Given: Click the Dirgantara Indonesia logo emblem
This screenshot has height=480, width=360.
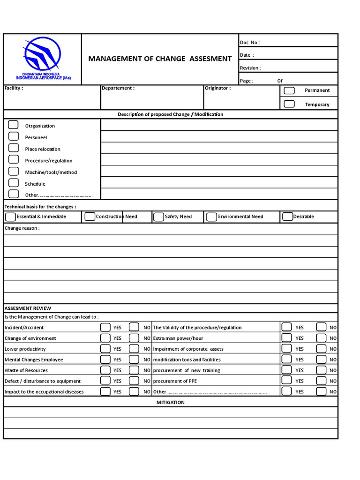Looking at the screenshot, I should (x=42, y=54).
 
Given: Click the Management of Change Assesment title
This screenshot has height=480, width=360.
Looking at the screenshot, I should (x=160, y=59).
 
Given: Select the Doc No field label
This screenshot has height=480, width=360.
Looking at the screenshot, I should (x=249, y=43).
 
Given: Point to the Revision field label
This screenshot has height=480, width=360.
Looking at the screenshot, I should (x=250, y=68).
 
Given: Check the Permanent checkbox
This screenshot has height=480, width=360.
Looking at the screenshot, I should (x=289, y=90).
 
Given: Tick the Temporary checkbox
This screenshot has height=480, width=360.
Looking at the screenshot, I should (x=289, y=104).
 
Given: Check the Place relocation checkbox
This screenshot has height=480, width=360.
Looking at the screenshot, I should (x=14, y=149).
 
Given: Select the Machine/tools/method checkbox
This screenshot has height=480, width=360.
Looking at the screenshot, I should (x=14, y=172).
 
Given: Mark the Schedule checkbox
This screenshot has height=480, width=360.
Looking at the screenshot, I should (x=14, y=183).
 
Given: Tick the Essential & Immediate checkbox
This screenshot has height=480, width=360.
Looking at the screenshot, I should (x=10, y=217).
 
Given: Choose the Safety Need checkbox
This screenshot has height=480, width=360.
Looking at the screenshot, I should (x=158, y=217).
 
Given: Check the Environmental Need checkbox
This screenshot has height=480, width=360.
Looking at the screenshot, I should (x=211, y=217).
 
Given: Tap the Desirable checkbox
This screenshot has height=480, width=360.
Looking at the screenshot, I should (x=287, y=217).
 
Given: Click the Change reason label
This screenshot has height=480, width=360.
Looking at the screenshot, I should (x=22, y=228).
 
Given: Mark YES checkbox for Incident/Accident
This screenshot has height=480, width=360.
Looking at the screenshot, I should (x=105, y=327).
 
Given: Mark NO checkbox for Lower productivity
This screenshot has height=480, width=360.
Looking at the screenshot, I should (x=134, y=349).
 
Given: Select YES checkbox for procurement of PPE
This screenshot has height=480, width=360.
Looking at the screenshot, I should (x=286, y=381).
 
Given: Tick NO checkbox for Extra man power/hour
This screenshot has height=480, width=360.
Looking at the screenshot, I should (x=321, y=338).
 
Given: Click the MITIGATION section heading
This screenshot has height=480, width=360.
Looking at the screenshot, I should (x=171, y=402).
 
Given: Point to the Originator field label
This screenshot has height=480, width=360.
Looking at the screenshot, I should (x=217, y=88).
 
